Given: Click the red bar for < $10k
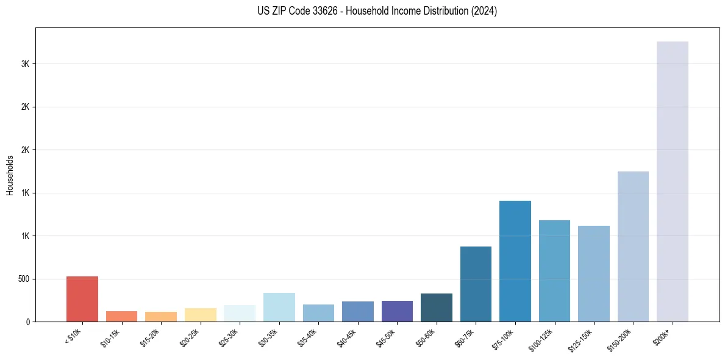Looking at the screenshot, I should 82,299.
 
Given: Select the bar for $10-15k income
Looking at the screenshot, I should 121,317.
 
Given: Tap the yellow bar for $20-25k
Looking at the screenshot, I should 201,315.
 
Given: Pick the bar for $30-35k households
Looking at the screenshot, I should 279,308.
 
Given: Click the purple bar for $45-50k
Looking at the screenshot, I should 397,311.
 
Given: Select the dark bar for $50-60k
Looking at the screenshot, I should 437,308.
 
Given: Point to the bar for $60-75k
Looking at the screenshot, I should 476,284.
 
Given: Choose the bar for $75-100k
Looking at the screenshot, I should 515,261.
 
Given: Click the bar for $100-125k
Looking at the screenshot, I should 554,271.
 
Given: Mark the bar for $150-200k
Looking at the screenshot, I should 633,247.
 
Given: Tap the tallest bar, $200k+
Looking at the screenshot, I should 673,182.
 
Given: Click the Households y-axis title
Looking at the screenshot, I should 10,175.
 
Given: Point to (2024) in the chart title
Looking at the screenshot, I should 484,11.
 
